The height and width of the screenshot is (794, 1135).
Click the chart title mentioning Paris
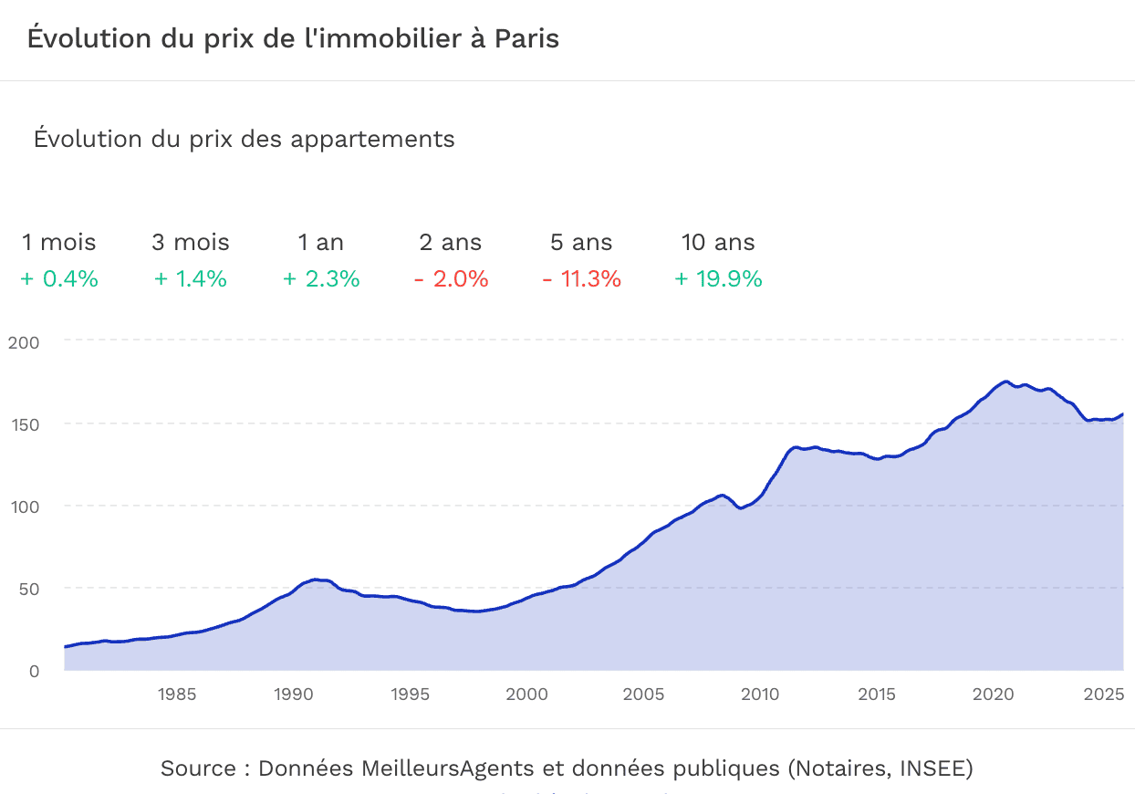click(293, 39)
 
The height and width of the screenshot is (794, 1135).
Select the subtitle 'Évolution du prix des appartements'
click(244, 140)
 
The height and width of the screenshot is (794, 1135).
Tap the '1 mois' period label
click(59, 243)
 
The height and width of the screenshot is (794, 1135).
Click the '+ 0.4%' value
click(59, 279)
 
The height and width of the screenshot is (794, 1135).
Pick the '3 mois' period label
click(191, 243)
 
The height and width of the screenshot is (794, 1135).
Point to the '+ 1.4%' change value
click(191, 279)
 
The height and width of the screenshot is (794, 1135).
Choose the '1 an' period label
click(320, 243)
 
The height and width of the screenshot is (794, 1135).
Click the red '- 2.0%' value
click(452, 279)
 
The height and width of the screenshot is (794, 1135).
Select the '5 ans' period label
click(581, 243)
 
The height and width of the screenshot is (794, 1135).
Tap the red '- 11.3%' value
click(581, 279)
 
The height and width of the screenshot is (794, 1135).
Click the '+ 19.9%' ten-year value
click(718, 279)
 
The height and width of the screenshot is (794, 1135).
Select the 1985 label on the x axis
click(176, 695)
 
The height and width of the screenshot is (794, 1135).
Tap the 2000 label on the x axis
click(526, 695)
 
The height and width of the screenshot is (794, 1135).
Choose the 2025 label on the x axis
click(1102, 695)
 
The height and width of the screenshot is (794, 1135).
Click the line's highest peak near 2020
click(1005, 381)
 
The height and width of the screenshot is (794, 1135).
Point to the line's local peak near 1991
click(315, 580)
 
